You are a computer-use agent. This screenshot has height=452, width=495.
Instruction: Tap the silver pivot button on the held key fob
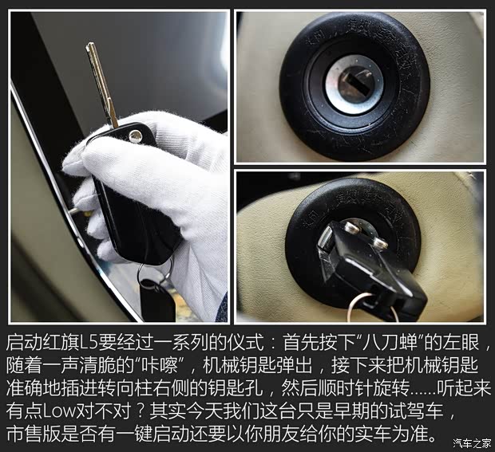point(136,136)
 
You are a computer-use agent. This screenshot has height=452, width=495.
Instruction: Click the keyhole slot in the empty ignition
point(355,83)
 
